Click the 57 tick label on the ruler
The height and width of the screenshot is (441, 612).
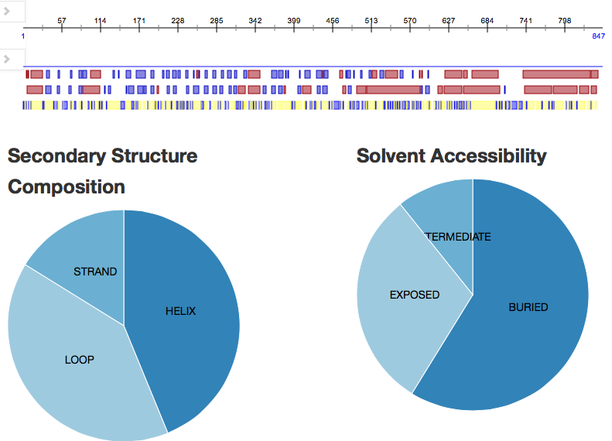62,19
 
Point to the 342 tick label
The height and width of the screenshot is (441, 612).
255,19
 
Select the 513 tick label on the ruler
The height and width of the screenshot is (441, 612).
371,19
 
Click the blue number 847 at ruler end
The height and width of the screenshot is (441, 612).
598,36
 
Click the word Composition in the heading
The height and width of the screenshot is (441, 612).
67,186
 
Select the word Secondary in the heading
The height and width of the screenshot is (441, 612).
56,156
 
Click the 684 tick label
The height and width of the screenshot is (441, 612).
487,19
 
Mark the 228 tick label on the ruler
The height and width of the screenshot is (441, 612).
178,19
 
